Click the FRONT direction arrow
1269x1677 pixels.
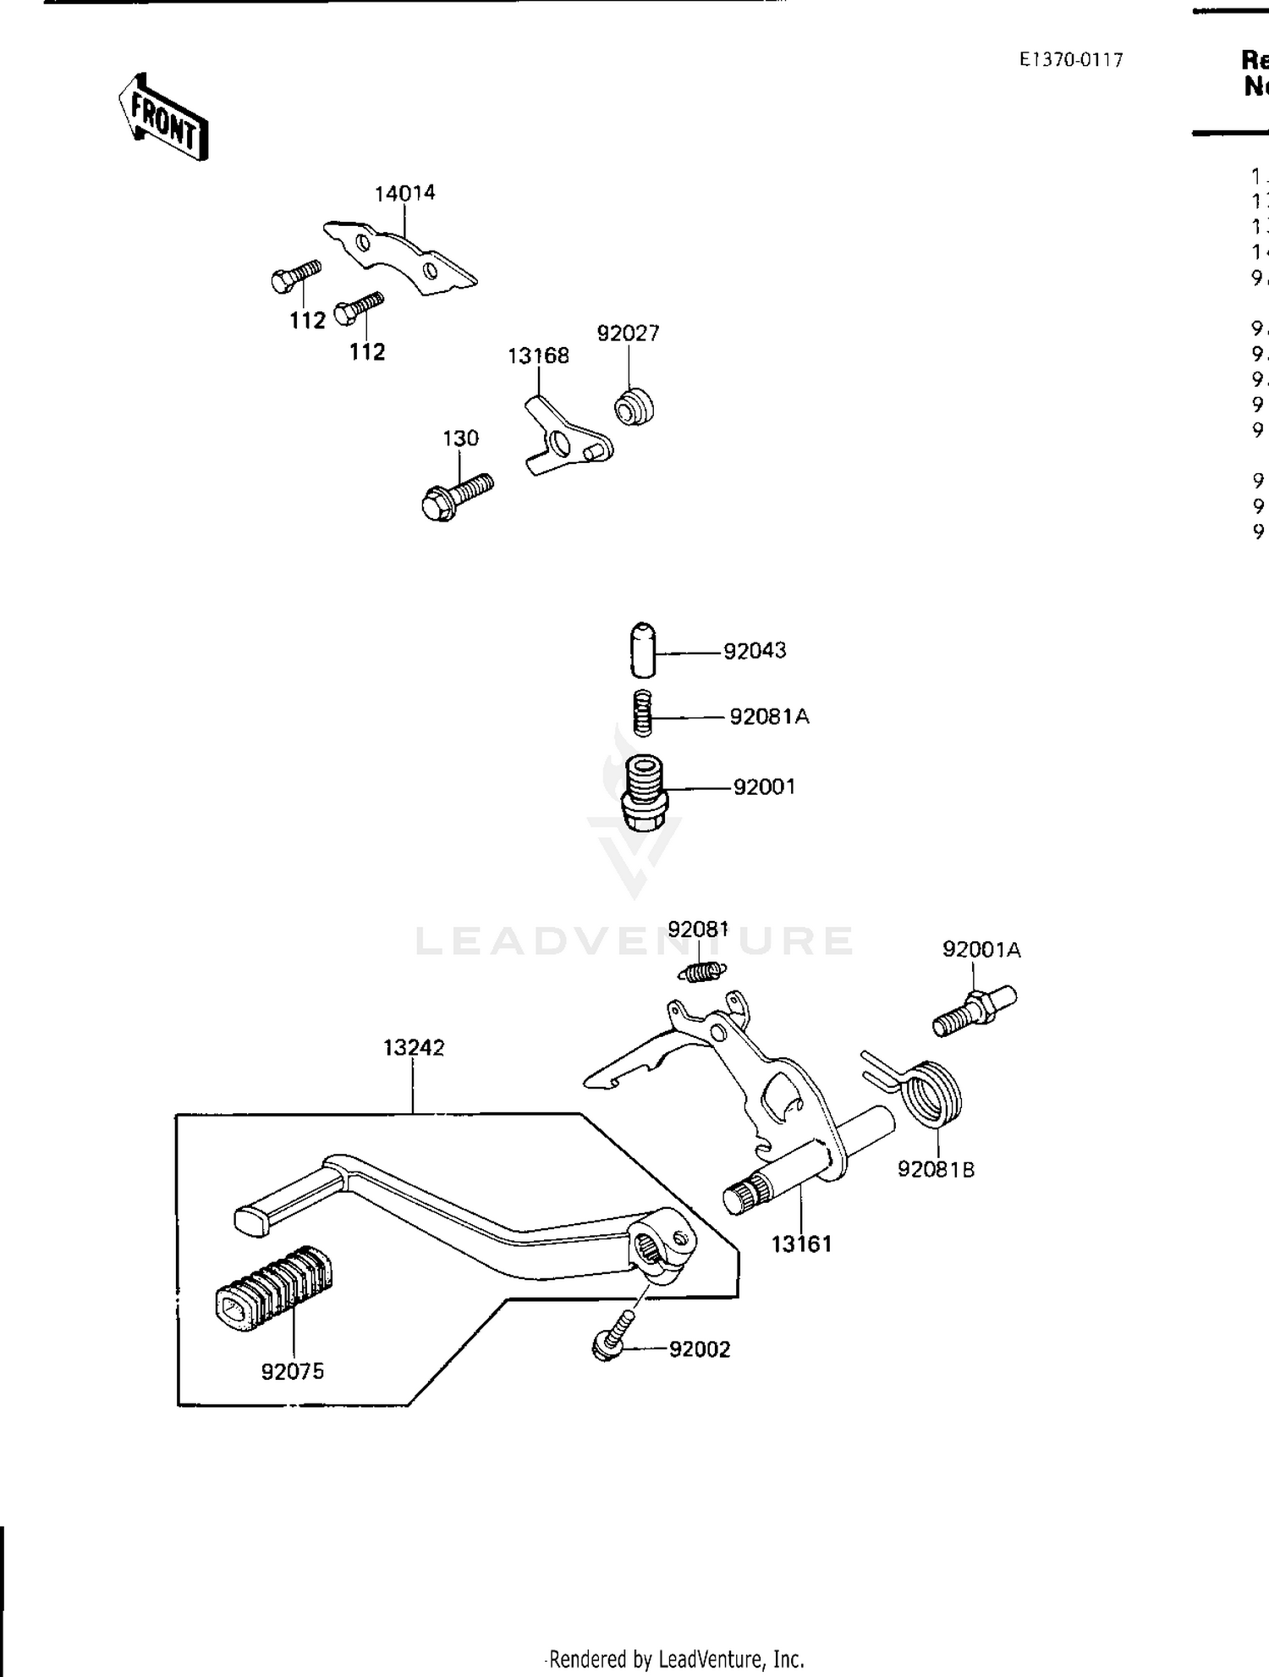click(x=164, y=118)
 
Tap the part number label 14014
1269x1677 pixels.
click(x=404, y=193)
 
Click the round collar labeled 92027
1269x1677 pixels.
click(x=634, y=406)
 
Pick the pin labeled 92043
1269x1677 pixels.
click(x=643, y=649)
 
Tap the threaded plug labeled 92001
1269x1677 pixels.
click(x=645, y=792)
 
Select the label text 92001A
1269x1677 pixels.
click(x=981, y=950)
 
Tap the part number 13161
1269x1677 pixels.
click(x=801, y=1244)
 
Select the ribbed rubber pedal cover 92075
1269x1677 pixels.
click(x=272, y=1289)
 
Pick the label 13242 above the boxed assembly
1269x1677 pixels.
click(x=413, y=1047)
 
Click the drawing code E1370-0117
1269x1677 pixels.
click(x=1070, y=60)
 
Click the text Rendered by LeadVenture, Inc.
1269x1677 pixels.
click(x=673, y=1659)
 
